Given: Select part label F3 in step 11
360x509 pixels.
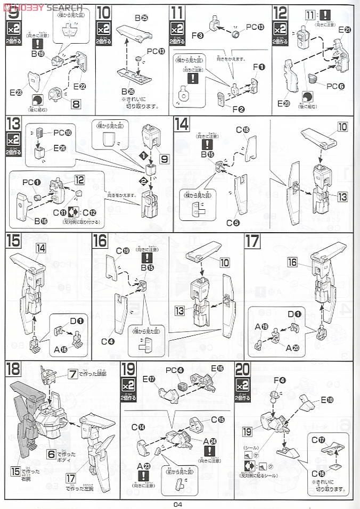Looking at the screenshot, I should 197,36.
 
